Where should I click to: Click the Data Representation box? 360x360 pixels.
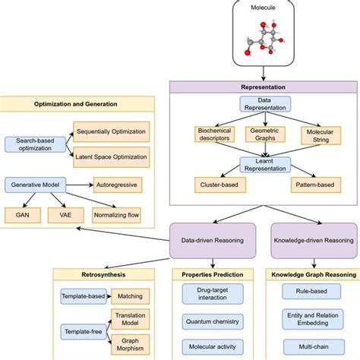pyautogui.click(x=265, y=104)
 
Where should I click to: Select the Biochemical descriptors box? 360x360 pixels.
pyautogui.click(x=214, y=134)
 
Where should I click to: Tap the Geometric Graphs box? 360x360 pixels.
pyautogui.click(x=265, y=134)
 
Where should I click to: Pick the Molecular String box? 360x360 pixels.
pyautogui.click(x=321, y=136)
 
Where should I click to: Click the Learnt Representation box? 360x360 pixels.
pyautogui.click(x=265, y=165)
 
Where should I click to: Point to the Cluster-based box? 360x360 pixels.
pyautogui.click(x=220, y=185)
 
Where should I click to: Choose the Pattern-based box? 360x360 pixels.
pyautogui.click(x=316, y=185)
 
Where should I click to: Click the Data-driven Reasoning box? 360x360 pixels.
pyautogui.click(x=213, y=241)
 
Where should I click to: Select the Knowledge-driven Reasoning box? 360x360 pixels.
pyautogui.click(x=314, y=241)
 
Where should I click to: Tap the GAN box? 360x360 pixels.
pyautogui.click(x=23, y=215)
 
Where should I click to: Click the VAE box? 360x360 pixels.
pyautogui.click(x=65, y=215)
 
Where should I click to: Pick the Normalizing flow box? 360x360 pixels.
pyautogui.click(x=116, y=215)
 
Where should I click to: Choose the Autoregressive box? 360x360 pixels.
pyautogui.click(x=118, y=185)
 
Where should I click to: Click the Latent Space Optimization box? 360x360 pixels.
pyautogui.click(x=112, y=157)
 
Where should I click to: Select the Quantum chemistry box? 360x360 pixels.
pyautogui.click(x=213, y=322)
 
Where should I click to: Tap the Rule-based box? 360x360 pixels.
pyautogui.click(x=311, y=292)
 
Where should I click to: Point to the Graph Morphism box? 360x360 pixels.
pyautogui.click(x=131, y=345)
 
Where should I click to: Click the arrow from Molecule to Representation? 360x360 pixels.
pyautogui.click(x=264, y=74)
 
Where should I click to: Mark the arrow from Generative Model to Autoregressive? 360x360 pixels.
pyautogui.click(x=80, y=185)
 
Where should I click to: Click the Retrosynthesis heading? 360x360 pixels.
pyautogui.click(x=103, y=275)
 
